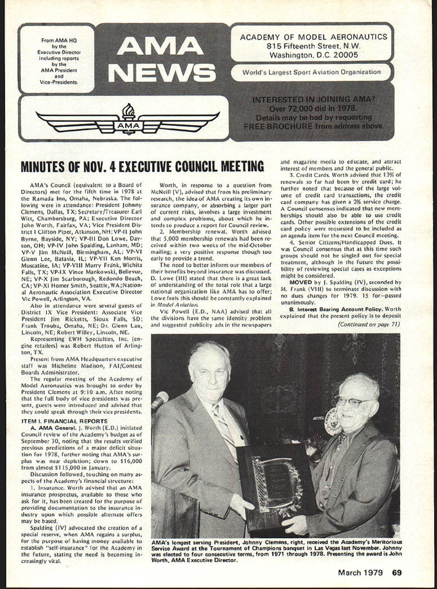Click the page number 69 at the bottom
[396, 573]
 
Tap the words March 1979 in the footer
[360, 573]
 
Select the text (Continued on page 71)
[368, 325]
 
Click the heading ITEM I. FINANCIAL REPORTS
[64, 421]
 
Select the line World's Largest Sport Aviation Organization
[311, 72]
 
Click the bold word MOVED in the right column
[301, 282]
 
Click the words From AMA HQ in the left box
[59, 41]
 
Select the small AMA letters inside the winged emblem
[128, 126]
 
